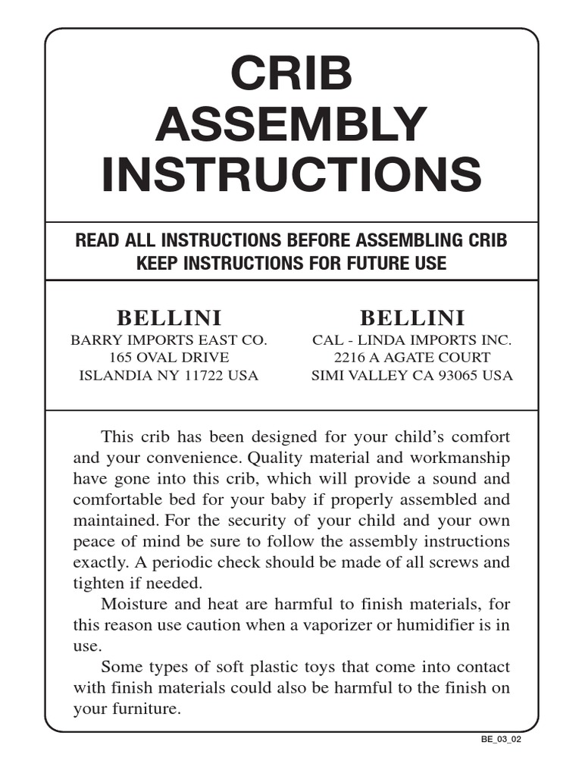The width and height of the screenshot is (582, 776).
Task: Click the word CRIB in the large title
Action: pyautogui.click(x=292, y=74)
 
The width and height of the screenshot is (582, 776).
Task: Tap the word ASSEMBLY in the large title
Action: pyautogui.click(x=292, y=124)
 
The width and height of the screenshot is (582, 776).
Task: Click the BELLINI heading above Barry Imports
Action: pyautogui.click(x=168, y=318)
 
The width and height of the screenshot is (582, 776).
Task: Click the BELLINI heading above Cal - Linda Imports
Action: pyautogui.click(x=412, y=318)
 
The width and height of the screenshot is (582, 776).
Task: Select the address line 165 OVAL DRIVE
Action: pyautogui.click(x=168, y=357)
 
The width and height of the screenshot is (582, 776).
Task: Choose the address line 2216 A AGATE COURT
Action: pyautogui.click(x=412, y=357)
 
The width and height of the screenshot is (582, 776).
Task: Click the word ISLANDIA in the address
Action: pyautogui.click(x=111, y=375)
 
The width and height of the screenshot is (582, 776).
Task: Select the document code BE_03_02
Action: pyautogui.click(x=501, y=740)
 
